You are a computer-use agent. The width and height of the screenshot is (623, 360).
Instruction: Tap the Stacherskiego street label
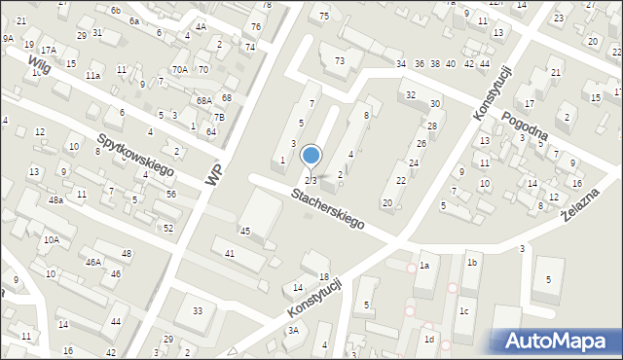point(327,209)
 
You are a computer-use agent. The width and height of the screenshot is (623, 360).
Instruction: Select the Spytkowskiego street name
point(135,156)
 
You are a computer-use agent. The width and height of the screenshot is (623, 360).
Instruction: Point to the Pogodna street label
point(525,126)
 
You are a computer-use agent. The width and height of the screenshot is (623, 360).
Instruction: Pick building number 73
point(339,61)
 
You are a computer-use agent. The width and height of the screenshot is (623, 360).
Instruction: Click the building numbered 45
point(245,231)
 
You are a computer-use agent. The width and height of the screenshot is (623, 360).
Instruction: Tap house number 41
point(230,253)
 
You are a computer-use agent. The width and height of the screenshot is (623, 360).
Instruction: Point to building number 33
point(197,310)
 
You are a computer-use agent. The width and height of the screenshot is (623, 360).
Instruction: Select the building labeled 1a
point(424,265)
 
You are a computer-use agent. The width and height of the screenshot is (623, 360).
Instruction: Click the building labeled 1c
point(464,311)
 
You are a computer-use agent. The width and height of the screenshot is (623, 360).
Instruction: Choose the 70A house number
point(179,69)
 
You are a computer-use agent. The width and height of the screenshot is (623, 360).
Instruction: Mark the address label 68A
point(202,100)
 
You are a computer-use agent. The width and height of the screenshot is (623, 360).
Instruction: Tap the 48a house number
point(57,199)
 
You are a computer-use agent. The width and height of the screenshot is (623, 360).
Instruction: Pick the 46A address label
point(92,262)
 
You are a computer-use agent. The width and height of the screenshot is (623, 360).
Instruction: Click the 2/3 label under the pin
point(311,180)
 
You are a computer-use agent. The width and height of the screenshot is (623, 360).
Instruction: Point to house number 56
point(171,194)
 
